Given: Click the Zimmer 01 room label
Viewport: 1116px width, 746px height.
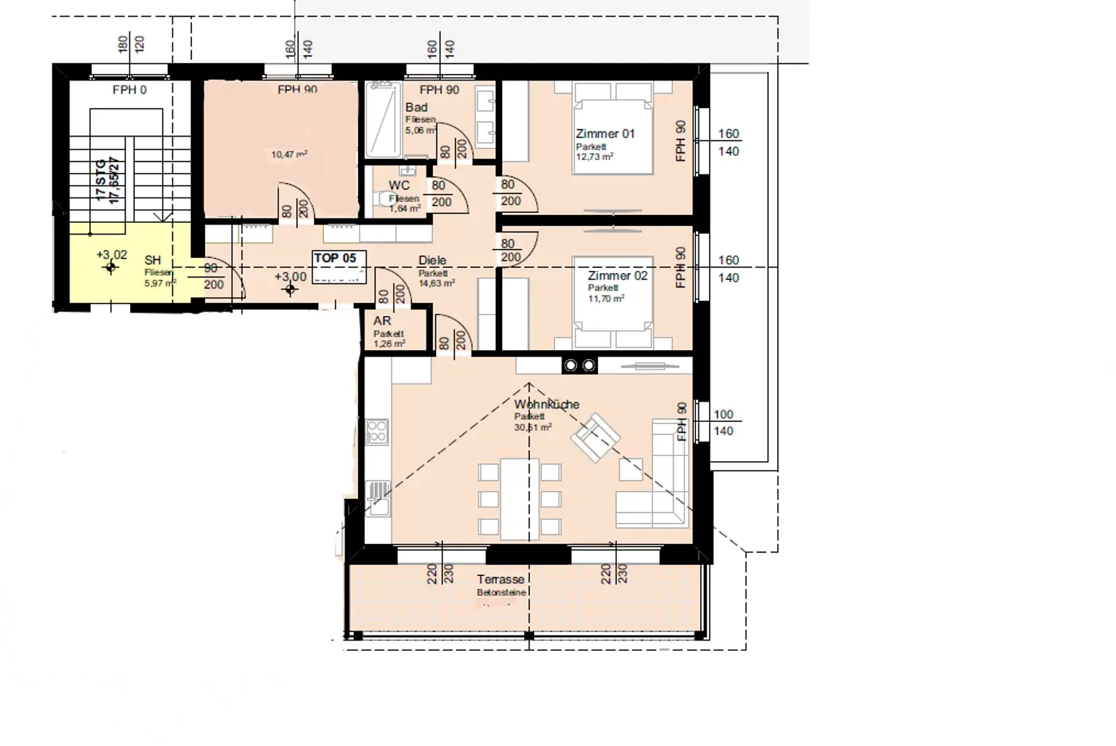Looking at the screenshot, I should (604, 134).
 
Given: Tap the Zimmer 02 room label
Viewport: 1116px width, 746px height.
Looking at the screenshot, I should (618, 276).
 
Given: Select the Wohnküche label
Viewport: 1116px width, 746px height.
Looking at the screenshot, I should (546, 405).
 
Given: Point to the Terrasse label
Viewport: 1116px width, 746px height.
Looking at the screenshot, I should (501, 580).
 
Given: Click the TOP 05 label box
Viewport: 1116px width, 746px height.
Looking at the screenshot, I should (335, 258).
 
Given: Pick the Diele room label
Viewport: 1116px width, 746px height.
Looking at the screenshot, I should (432, 261).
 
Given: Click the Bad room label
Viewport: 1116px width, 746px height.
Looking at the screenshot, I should (416, 108).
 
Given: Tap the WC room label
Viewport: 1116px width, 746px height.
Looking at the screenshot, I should (400, 186).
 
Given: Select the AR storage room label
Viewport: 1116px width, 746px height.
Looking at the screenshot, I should (382, 321).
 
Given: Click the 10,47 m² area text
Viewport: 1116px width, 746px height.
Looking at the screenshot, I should (288, 154).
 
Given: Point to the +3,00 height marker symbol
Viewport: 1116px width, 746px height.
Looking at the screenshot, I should (291, 291).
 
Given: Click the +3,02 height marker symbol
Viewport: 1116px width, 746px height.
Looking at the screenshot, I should (110, 268).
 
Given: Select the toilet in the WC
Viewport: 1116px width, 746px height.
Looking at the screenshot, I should (381, 198).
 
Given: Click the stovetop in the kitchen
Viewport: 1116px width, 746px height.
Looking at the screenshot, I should (377, 431).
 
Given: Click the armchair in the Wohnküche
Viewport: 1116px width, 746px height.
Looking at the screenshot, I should (596, 436).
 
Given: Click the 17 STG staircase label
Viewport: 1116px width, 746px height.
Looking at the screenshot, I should (102, 182).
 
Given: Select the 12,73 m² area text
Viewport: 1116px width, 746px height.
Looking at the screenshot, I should (594, 156).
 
